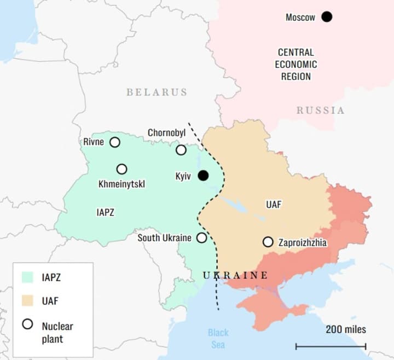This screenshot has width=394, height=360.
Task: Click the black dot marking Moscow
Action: point(327,17)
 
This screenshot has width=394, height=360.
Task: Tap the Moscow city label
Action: point(300,18)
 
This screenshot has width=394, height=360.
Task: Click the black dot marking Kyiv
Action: point(203,175)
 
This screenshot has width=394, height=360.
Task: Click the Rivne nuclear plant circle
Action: point(115,142)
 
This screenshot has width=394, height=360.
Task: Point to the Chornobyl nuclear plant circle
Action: point(181,150)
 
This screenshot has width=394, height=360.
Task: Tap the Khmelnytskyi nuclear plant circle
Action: point(121,169)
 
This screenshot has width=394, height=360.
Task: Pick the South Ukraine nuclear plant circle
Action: point(202,237)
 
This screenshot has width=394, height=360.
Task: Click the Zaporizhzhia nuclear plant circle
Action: point(268,241)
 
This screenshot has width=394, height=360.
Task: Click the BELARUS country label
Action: point(157,92)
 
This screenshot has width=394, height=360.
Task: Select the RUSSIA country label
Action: point(321,111)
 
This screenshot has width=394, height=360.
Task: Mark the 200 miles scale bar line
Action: point(331,346)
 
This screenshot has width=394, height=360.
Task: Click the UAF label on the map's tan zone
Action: point(274,205)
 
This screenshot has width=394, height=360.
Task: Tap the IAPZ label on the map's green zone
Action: point(105,212)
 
